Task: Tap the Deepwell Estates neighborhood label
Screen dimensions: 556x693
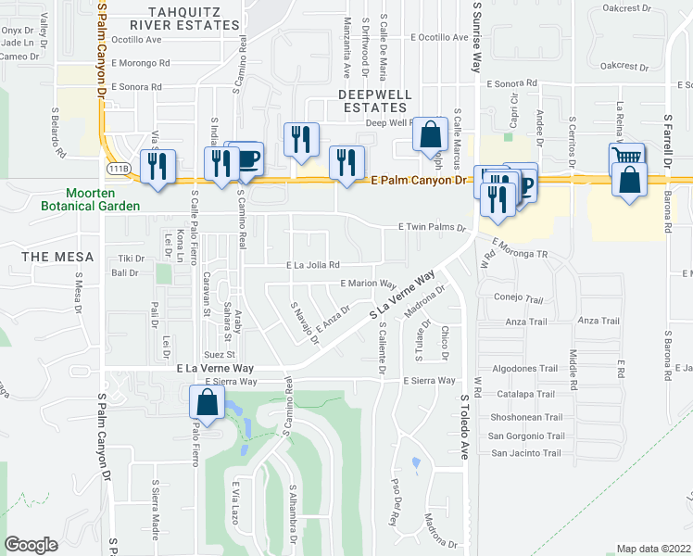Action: click(x=373, y=101)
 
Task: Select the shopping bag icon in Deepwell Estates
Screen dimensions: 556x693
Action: click(x=430, y=134)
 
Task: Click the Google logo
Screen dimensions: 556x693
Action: click(x=31, y=545)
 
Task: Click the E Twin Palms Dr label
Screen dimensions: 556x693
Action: click(x=433, y=227)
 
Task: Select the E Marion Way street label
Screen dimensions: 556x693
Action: click(x=368, y=284)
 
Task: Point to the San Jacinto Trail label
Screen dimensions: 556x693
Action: click(x=525, y=453)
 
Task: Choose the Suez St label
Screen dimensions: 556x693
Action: click(x=220, y=354)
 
